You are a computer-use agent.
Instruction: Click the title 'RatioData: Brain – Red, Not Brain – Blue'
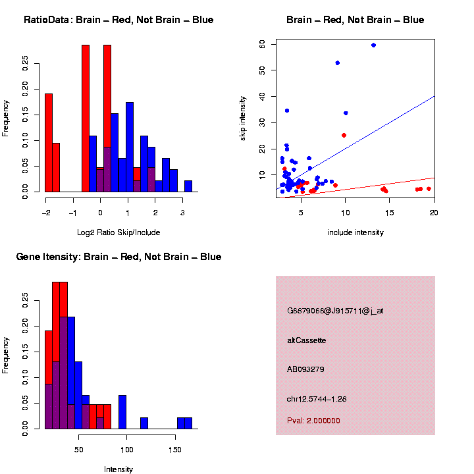[118, 20]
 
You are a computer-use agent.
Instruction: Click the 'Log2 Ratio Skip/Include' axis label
[118, 232]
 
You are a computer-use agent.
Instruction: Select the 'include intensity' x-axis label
[355, 232]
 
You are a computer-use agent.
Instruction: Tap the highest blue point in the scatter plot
[373, 45]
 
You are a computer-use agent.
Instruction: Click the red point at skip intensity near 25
[344, 135]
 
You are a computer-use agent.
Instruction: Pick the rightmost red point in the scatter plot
[429, 189]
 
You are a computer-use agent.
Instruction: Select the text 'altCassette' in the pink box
[306, 340]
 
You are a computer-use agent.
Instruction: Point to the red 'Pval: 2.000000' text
[313, 421]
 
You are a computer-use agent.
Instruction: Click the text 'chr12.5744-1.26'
[317, 399]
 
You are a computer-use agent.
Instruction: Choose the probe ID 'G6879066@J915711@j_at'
[335, 311]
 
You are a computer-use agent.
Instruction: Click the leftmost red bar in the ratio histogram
[49, 143]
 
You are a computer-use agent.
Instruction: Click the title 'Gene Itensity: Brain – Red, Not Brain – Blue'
[118, 257]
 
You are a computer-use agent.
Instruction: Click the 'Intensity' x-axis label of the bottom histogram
[118, 469]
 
